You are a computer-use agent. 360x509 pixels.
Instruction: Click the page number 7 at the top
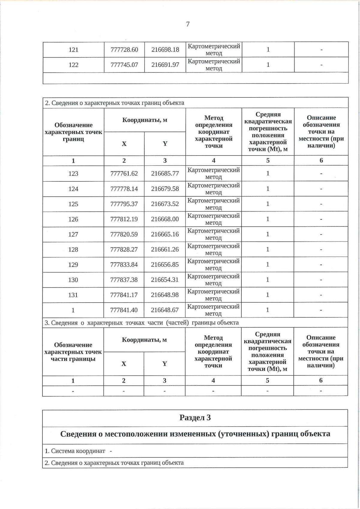coord(188,24)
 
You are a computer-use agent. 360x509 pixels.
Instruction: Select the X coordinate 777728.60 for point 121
coord(124,50)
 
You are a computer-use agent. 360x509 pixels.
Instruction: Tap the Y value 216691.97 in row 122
coord(165,65)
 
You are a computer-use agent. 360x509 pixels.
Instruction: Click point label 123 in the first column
coord(73,174)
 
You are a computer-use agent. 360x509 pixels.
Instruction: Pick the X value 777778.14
coord(124,189)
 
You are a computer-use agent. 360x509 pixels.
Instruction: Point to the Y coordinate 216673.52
coord(165,204)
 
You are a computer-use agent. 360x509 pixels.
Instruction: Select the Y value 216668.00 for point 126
coord(165,219)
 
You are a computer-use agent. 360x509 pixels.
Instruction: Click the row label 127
coord(73,234)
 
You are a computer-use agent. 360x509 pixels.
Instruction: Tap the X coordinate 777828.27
coord(124,249)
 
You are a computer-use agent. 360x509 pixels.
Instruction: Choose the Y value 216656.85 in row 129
coord(165,265)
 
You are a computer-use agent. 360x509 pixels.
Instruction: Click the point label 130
coord(73,280)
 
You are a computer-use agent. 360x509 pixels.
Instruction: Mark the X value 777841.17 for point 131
coord(124,295)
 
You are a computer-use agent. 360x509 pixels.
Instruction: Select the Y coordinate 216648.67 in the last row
coord(165,310)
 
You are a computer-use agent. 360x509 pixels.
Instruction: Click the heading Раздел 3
coord(195,418)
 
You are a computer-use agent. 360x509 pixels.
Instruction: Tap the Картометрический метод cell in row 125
coord(214,204)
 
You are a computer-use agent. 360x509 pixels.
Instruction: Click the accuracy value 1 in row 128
coord(268,249)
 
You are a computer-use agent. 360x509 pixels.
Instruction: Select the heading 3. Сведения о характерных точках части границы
coord(142,323)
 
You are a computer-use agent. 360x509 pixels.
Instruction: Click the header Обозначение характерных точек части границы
coord(73,352)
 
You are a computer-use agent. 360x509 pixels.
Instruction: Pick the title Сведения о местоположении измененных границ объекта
coord(195,434)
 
